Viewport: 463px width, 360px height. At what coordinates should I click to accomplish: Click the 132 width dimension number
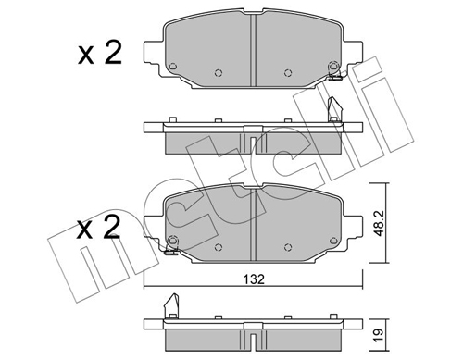coord(254,279)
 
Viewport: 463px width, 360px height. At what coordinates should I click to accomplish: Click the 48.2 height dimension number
coord(380,223)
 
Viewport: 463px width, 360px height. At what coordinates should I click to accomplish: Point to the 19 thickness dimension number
coord(380,334)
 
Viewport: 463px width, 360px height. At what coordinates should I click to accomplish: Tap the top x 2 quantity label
coord(100,54)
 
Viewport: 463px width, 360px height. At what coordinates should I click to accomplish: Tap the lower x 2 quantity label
coord(98,228)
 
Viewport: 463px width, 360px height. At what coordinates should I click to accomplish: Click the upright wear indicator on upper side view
coord(334,108)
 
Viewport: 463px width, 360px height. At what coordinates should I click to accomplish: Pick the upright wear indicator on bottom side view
coord(172,305)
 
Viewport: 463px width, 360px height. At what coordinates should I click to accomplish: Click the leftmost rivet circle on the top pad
coord(173,67)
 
